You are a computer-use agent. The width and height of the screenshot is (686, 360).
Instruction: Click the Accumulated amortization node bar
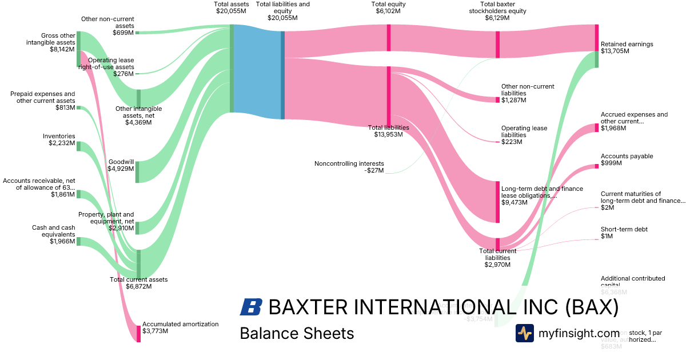point(138,334)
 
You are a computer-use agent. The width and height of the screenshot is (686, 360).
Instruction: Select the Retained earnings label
point(627,44)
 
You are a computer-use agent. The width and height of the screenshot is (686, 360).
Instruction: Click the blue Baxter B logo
point(251,307)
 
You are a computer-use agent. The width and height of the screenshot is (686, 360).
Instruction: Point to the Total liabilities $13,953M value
point(388,135)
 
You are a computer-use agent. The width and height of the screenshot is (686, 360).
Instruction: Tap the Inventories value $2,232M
point(62,143)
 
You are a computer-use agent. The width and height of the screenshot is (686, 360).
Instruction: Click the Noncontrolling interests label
point(349,163)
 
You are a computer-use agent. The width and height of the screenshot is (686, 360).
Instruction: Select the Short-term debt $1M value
point(607,237)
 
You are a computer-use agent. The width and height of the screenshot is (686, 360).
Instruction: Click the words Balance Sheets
point(297,333)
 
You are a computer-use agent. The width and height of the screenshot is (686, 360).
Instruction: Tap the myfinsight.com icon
point(524,333)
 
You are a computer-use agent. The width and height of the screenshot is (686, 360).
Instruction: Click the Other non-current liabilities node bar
point(497,99)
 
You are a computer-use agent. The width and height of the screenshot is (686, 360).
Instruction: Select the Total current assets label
point(138,279)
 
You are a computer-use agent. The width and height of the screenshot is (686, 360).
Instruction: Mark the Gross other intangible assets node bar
point(78,50)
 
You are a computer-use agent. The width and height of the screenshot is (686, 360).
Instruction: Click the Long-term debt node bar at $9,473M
point(497,202)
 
